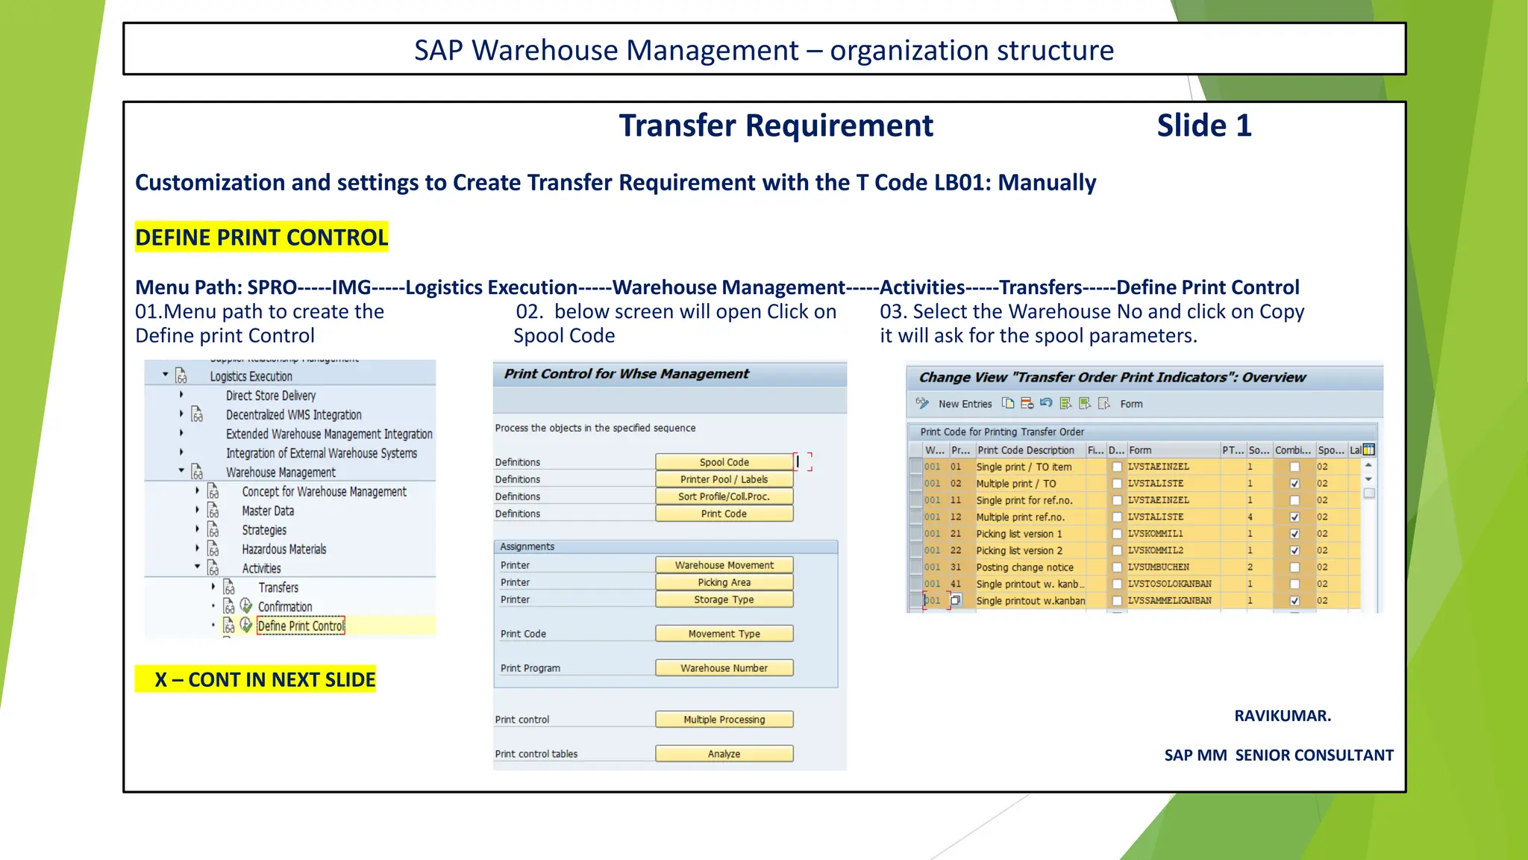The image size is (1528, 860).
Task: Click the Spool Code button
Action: pos(724,462)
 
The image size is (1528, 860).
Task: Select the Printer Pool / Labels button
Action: pos(724,479)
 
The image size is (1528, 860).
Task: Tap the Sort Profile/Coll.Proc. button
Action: pos(724,496)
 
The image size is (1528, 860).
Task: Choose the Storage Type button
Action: pos(724,599)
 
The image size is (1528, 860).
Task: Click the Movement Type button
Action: pos(724,634)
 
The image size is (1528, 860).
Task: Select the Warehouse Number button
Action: pos(724,668)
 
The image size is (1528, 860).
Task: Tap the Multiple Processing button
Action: pos(724,720)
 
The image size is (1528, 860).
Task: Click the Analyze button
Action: pos(724,754)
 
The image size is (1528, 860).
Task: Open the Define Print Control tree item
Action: pos(301,626)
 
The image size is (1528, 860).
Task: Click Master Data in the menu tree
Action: pos(268,511)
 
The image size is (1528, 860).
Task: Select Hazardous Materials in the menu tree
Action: pos(284,549)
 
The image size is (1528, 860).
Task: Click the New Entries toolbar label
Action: pos(965,404)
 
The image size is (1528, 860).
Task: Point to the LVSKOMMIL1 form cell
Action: pos(1155,534)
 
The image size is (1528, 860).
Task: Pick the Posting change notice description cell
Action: pos(1024,567)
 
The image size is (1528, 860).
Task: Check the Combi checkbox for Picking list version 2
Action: pos(1294,551)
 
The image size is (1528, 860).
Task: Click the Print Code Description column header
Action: pos(1026,450)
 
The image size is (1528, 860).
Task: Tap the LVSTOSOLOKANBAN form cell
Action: pos(1169,584)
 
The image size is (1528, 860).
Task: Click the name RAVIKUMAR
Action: pos(1283,716)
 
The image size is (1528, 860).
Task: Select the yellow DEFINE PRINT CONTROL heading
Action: pos(261,237)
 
